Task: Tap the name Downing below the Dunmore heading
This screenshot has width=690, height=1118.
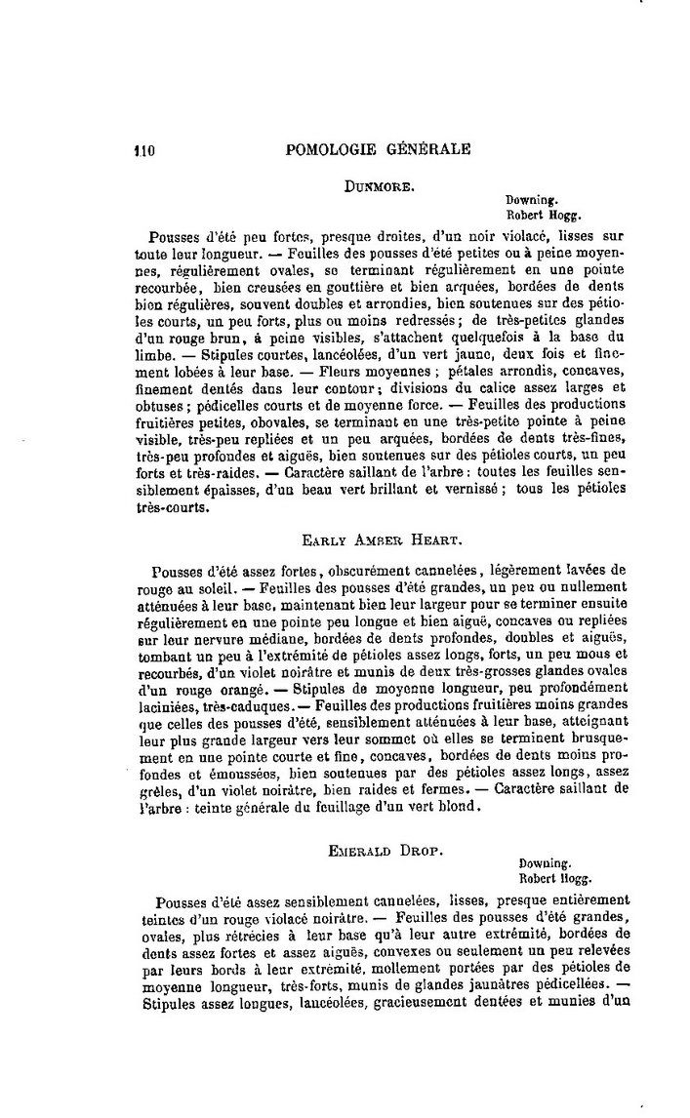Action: (x=527, y=200)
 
